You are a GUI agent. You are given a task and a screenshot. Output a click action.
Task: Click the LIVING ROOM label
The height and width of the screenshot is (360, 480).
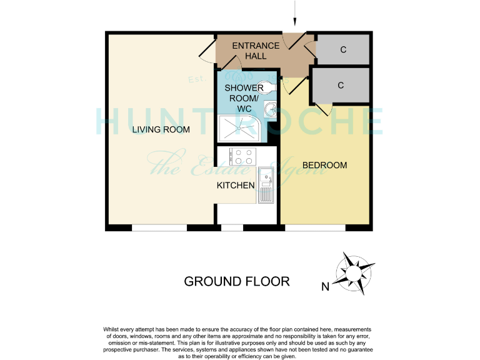pos(161,130)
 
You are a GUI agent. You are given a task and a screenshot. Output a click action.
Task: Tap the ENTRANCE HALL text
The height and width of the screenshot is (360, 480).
pos(256,51)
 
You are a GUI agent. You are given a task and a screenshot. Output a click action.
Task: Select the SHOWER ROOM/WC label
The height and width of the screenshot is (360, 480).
pos(244,98)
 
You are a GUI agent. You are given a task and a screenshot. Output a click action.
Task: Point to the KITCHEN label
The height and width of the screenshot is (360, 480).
pos(235,185)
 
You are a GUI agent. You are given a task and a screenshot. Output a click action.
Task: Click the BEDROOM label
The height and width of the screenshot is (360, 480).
pos(324,165)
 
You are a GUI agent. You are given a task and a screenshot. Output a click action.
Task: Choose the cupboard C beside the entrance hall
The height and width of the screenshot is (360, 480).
pos(343,50)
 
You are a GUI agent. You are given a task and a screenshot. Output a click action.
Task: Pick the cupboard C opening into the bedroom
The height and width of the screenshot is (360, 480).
pos(341,86)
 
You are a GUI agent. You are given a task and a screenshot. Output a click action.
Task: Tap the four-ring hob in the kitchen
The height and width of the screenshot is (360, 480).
pos(242,156)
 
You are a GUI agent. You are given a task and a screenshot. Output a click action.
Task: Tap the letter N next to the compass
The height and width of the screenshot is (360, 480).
pos(325,287)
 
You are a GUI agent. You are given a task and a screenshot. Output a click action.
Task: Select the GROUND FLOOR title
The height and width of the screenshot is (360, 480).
pos(236,281)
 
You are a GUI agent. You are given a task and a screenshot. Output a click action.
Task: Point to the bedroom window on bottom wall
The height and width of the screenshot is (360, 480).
pos(316,228)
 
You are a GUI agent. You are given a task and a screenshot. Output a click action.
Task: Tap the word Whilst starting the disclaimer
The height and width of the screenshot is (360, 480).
pos(114,329)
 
